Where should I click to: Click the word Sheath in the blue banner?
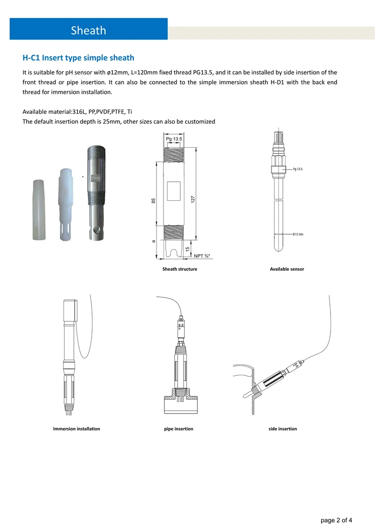[x=88, y=31]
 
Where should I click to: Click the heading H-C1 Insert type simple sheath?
[x=78, y=58]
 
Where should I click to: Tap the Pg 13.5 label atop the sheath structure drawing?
[x=173, y=139]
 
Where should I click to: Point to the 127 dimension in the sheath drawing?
[x=192, y=199]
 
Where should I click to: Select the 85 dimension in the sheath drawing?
[x=153, y=201]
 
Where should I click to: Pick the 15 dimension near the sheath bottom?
[x=187, y=249]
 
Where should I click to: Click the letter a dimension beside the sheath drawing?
[x=153, y=242]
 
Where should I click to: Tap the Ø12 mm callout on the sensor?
[x=298, y=234]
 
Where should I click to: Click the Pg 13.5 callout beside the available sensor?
[x=298, y=169]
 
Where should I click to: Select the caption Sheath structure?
[x=179, y=269]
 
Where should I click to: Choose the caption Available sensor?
[x=286, y=269]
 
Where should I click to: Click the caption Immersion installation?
[x=76, y=429]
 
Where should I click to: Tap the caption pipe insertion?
[x=178, y=429]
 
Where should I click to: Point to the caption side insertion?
[x=282, y=429]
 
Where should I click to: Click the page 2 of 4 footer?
[x=339, y=520]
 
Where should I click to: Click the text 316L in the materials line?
[x=80, y=112]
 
